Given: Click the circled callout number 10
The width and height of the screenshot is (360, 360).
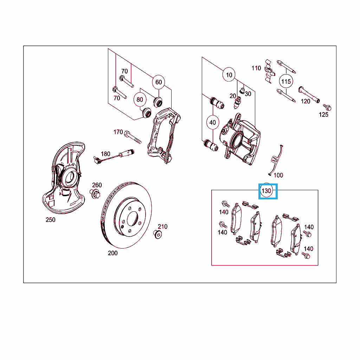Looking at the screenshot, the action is (229, 75).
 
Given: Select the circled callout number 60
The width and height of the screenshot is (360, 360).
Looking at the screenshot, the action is (159, 82).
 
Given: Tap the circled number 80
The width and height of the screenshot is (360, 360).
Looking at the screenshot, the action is (140, 99).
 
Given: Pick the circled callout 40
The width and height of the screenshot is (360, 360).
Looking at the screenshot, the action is (213, 122).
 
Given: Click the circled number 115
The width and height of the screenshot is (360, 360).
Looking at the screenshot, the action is (286, 81).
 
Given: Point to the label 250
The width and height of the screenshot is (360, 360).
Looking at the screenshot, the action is (51, 220).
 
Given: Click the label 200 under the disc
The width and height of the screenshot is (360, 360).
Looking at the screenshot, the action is (113, 253).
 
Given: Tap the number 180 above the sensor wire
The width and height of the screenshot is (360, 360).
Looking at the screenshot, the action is (105, 154).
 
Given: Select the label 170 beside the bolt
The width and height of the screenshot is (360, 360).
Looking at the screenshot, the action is (118, 132).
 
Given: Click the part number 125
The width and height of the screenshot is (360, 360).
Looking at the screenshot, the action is (323, 115).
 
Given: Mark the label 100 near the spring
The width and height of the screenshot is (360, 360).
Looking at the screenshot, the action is (278, 175).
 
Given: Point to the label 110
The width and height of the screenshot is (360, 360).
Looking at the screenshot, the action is (256, 68).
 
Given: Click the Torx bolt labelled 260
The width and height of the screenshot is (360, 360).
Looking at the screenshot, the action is (95, 194).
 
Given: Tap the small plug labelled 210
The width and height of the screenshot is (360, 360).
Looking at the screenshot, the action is (157, 234).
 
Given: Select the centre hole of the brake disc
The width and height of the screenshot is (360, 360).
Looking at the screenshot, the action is (133, 219).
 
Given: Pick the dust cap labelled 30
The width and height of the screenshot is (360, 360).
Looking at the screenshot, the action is (242, 90).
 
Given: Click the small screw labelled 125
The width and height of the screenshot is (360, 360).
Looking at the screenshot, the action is (327, 107).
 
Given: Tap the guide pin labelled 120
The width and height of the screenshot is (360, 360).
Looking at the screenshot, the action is (309, 95).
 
